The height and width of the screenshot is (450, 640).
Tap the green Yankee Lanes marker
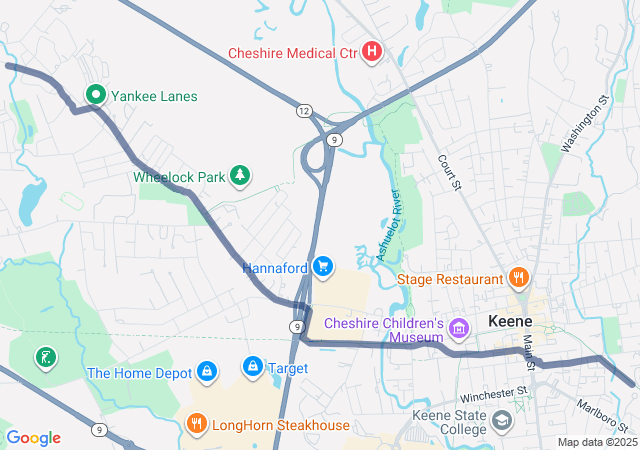coord(96,95)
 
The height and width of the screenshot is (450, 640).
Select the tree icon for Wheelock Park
coord(239,176)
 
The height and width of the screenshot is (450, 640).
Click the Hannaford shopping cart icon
coord(322,266)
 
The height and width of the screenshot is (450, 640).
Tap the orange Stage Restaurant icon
coord(518,277)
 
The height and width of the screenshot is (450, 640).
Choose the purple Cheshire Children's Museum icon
coord(459,328)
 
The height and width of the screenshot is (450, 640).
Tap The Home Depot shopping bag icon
coord(206,372)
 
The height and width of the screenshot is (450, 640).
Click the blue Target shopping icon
coord(252,368)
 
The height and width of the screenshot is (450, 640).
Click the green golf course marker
coord(43,357)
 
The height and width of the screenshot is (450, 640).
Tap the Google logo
coord(33,438)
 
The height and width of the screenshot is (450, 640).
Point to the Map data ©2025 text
coord(597,442)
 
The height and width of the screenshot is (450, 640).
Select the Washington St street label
coord(585,124)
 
